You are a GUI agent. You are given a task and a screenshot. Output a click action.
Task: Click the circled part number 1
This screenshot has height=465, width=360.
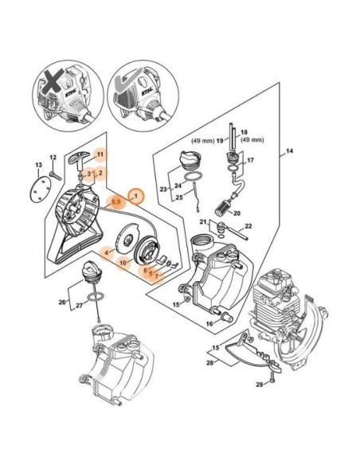[x=136, y=195]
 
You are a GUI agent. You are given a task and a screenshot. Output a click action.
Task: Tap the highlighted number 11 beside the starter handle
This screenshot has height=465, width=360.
[x=100, y=153]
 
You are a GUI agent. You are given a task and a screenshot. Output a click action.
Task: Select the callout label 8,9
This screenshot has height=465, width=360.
[x=115, y=204]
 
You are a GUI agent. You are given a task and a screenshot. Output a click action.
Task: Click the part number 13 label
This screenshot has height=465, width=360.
[x=37, y=165]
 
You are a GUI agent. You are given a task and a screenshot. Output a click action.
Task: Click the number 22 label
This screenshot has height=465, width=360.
[x=249, y=227]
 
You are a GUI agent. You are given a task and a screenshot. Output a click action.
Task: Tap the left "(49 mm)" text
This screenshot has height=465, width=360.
[x=204, y=140]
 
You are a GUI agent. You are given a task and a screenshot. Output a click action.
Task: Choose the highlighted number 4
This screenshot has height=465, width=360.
[x=104, y=252]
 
